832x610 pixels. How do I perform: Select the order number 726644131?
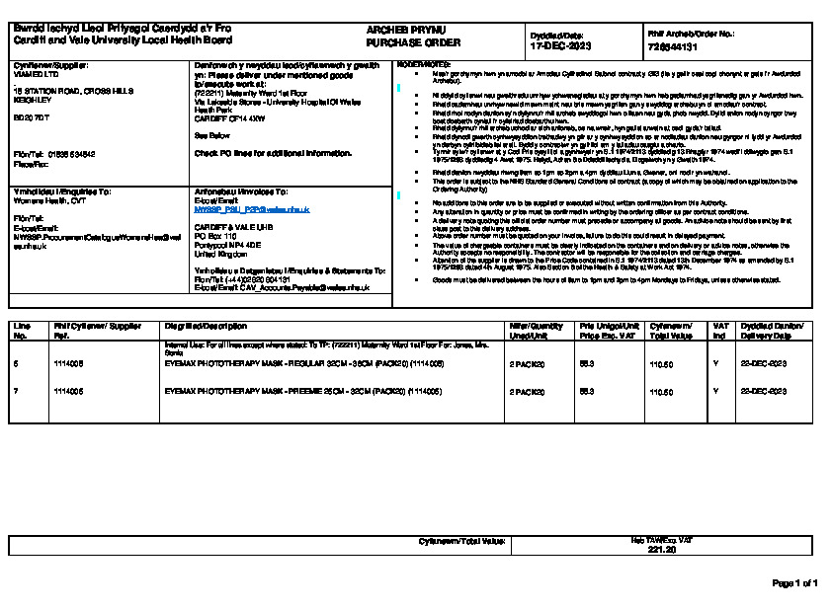pos(672,46)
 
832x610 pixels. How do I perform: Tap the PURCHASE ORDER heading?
pos(399,44)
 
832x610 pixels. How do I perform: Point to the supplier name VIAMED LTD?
pos(35,73)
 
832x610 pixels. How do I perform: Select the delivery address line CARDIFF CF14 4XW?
pos(230,117)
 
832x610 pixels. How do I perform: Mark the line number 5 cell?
pos(17,364)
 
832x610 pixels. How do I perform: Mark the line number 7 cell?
pos(17,391)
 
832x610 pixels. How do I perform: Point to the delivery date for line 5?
pos(764,364)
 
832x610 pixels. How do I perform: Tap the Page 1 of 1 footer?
pos(794,583)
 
